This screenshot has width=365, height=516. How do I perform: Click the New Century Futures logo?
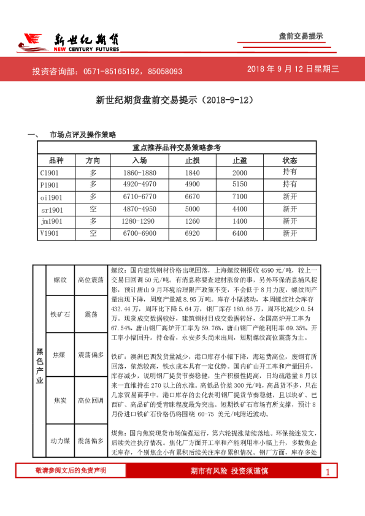(67, 42)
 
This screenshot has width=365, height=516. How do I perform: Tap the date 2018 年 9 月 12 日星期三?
(293, 69)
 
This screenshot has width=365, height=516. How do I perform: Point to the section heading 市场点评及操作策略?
(83, 134)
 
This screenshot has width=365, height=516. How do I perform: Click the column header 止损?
(192, 160)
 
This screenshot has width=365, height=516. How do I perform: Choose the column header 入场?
(139, 160)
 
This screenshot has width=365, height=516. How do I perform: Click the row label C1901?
(50, 173)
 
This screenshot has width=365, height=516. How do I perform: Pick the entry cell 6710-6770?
(140, 197)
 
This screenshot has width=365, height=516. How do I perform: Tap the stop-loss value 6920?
(192, 233)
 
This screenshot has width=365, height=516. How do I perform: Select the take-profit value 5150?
(239, 184)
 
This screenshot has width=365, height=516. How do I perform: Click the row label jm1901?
(52, 221)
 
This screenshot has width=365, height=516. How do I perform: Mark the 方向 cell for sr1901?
(93, 209)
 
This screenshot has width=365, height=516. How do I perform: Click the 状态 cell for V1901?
(290, 233)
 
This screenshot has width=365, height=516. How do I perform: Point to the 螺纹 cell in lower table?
(60, 279)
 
